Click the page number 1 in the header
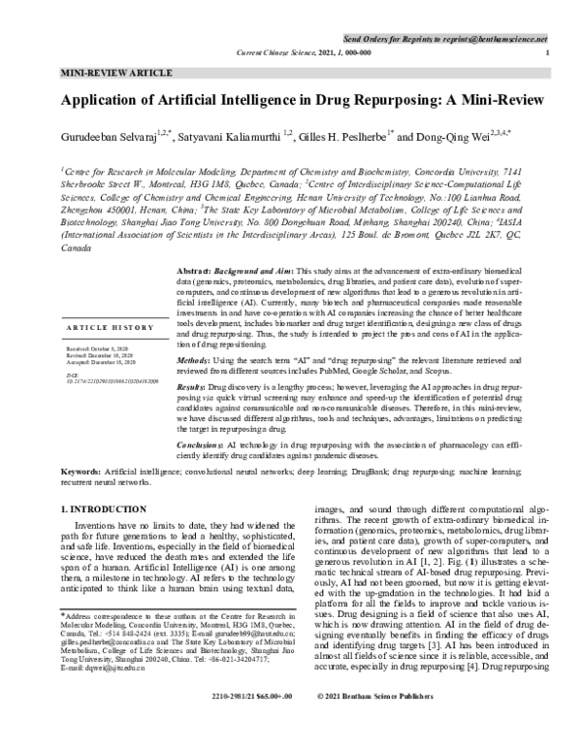(x=549, y=50)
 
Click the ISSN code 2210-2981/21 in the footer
(x=237, y=724)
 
